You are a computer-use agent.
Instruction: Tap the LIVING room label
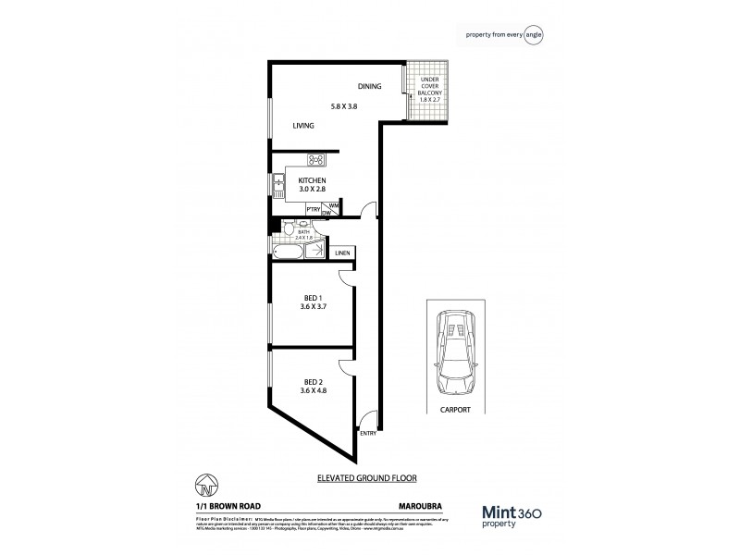tap(303, 126)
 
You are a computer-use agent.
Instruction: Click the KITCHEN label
tap(312, 180)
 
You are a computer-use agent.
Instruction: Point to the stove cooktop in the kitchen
tap(314, 159)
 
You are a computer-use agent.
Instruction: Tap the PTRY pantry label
tap(313, 210)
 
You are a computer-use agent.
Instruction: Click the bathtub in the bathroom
tap(287, 252)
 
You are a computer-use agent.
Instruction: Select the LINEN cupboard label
tap(341, 252)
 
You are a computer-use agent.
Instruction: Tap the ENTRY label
tap(366, 433)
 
